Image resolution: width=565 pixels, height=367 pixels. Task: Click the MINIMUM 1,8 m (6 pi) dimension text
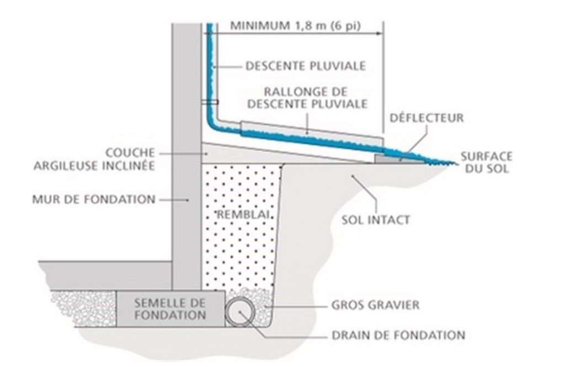[x=297, y=25]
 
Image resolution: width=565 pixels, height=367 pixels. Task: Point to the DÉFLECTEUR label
[x=427, y=118]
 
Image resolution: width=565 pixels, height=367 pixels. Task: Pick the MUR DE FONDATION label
[x=93, y=199]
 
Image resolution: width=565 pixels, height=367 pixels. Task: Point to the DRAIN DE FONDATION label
[x=398, y=334]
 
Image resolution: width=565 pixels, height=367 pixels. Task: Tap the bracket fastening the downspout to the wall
[x=210, y=102]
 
